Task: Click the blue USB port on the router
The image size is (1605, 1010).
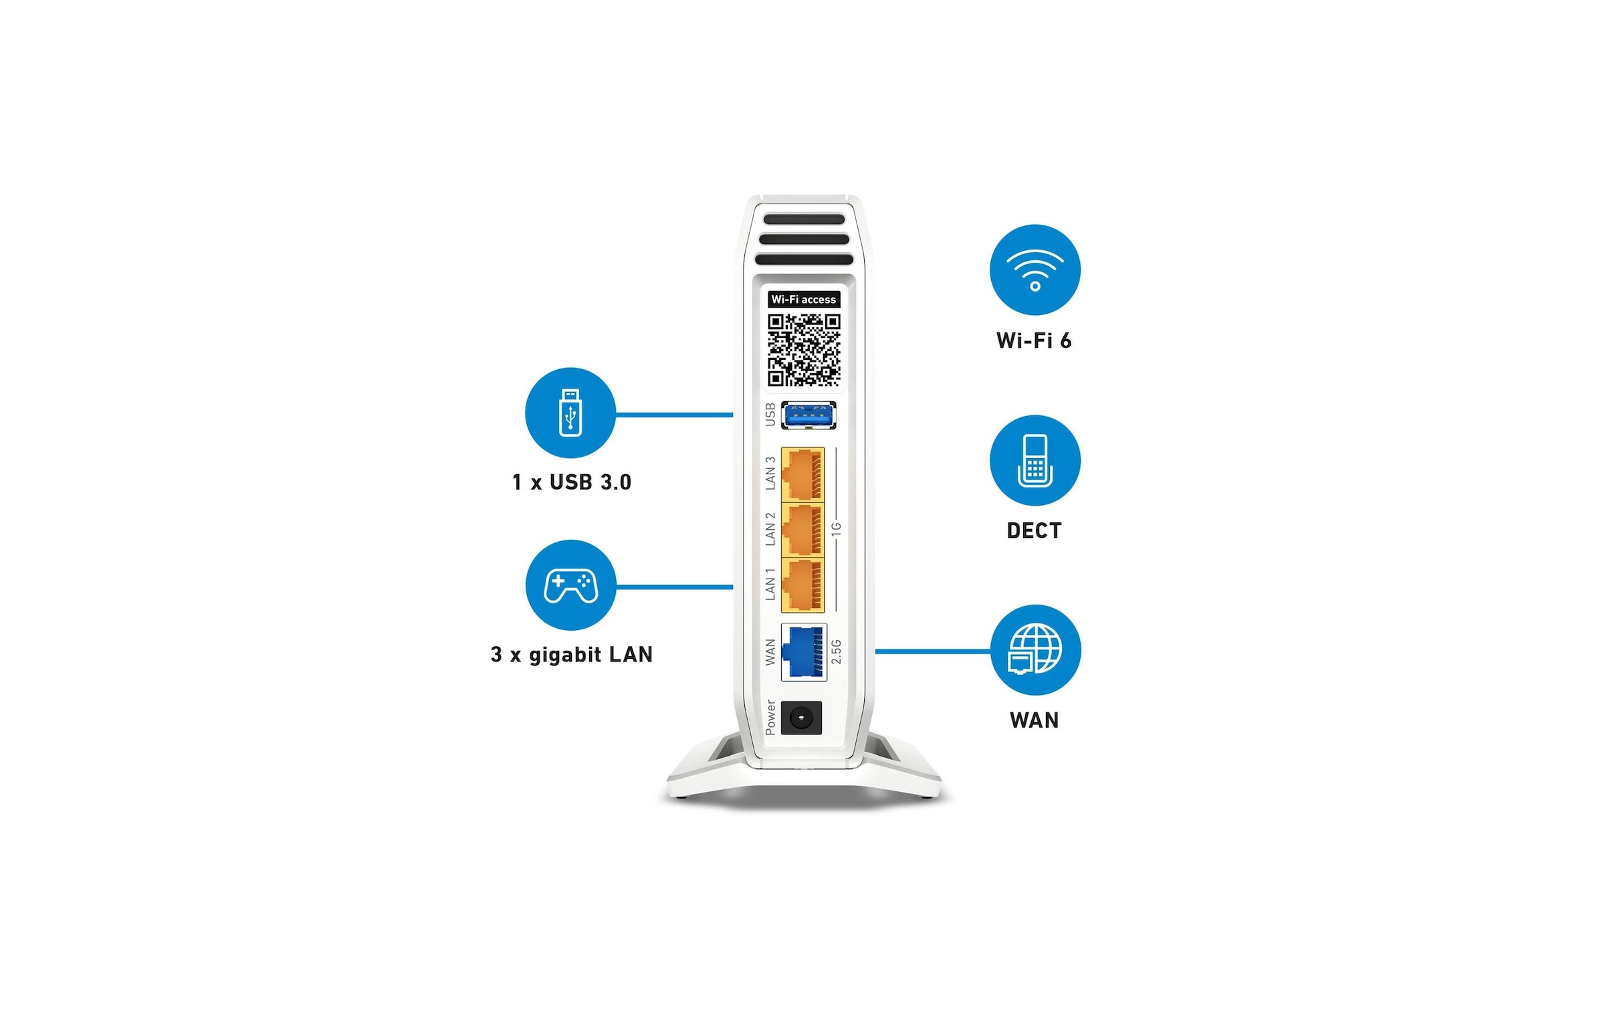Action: [809, 415]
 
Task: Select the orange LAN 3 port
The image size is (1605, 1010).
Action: [802, 474]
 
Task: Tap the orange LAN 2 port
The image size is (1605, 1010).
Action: [802, 530]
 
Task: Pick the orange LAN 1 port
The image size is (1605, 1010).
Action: [802, 585]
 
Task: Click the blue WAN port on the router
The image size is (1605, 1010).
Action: [804, 651]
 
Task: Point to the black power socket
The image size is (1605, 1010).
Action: [801, 718]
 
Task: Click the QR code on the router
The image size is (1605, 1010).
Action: [804, 350]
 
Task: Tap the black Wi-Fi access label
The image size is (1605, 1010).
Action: [804, 299]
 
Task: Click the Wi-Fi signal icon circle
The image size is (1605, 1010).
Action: [1035, 270]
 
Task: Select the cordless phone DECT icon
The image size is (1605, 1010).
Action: [1035, 460]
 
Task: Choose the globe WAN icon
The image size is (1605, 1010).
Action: [1035, 649]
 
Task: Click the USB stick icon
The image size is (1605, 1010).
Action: [570, 413]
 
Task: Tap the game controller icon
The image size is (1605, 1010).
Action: [570, 585]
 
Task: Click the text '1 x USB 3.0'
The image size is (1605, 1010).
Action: [572, 482]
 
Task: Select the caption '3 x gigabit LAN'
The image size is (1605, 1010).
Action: [572, 654]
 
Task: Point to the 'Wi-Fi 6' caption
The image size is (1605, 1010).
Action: [1034, 340]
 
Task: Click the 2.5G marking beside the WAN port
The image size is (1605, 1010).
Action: [837, 651]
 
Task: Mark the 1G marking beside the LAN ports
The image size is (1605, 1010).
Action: [836, 529]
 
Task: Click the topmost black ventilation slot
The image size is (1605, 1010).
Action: [804, 219]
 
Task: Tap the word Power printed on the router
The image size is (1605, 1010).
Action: [770, 718]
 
